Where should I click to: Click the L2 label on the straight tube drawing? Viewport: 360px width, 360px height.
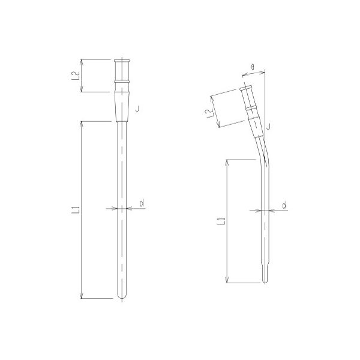pyautogui.click(x=74, y=76)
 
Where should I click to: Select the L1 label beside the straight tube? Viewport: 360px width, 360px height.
pyautogui.click(x=74, y=210)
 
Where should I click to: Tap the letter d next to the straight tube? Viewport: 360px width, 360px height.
pyautogui.click(x=141, y=204)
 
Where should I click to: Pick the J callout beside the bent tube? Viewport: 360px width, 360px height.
pyautogui.click(x=268, y=126)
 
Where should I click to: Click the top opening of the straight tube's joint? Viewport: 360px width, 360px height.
pyautogui.click(x=123, y=60)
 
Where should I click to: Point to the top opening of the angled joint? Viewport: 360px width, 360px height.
pyautogui.click(x=246, y=89)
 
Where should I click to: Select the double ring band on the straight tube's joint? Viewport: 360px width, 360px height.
pyautogui.click(x=123, y=80)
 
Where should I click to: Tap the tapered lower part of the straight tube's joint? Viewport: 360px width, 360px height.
pyautogui.click(x=122, y=107)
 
